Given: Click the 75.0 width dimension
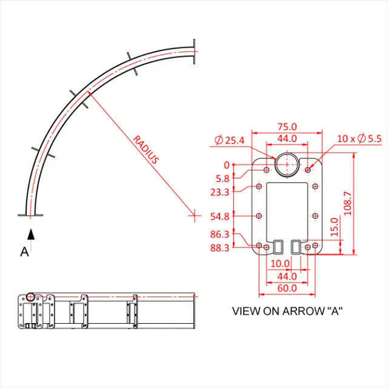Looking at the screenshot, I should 287,127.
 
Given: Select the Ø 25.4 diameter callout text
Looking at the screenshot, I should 229,141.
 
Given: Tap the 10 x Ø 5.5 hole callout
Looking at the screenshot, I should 360,139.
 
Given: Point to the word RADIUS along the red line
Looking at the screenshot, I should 146,149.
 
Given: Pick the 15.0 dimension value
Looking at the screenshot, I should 334,229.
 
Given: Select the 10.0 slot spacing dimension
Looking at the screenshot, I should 279,264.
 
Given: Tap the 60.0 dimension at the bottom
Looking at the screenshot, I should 287,288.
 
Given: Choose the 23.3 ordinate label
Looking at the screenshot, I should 219,192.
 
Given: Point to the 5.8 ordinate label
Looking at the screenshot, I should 222,179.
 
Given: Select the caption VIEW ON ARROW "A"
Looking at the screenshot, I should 287,311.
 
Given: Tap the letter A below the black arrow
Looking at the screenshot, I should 25,252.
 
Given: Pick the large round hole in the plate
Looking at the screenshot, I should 287,164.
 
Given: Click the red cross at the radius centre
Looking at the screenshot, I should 194,214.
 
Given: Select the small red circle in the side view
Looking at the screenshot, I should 30,297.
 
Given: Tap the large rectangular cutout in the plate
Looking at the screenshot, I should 287,209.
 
